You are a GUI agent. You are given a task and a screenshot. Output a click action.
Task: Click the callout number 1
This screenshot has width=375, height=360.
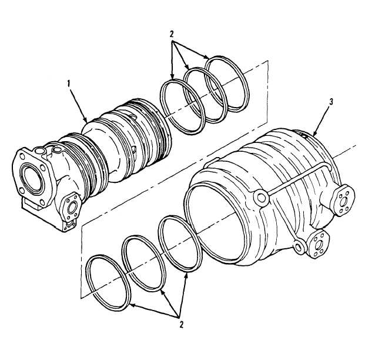coord(69,84)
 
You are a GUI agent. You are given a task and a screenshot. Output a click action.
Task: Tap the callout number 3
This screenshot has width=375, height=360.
coord(331,102)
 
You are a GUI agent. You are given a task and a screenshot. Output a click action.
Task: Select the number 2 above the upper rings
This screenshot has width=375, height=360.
coord(172,34)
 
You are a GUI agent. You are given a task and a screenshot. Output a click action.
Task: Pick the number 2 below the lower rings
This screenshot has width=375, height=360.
coord(181,325)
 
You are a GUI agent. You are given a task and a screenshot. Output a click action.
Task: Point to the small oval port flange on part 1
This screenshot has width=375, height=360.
coord(71,206)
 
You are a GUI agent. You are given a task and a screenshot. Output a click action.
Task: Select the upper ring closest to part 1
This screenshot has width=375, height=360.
coord(182,106)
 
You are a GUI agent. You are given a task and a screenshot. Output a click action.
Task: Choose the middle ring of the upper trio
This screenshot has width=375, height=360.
coord(205,95)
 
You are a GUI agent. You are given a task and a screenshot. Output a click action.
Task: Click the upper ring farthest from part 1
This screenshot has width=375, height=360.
coord(227,84)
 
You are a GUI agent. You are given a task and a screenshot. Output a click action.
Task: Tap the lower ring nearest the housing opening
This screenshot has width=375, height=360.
coord(180,244)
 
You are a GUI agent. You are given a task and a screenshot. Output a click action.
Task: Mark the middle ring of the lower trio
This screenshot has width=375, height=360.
coord(144,264)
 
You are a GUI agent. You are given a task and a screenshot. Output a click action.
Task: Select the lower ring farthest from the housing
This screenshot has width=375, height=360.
coord(108,283)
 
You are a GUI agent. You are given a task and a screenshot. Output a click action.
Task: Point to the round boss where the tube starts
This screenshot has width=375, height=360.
coord(261,198)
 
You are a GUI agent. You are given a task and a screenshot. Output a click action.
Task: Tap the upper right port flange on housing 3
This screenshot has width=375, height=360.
coord(343,201)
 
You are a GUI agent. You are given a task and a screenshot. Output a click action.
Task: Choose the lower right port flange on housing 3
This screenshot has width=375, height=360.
coord(319,244)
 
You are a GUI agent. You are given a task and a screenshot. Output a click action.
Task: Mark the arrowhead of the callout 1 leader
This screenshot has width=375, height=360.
coord(85,120)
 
